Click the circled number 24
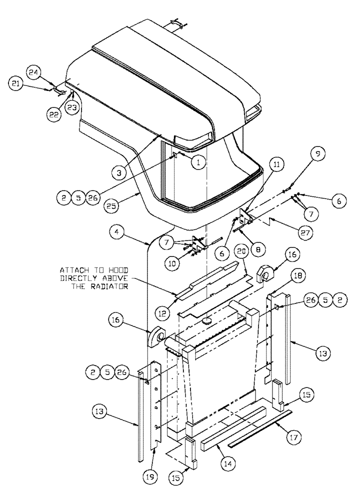pos(48,71)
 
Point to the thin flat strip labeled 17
pos(260,428)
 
